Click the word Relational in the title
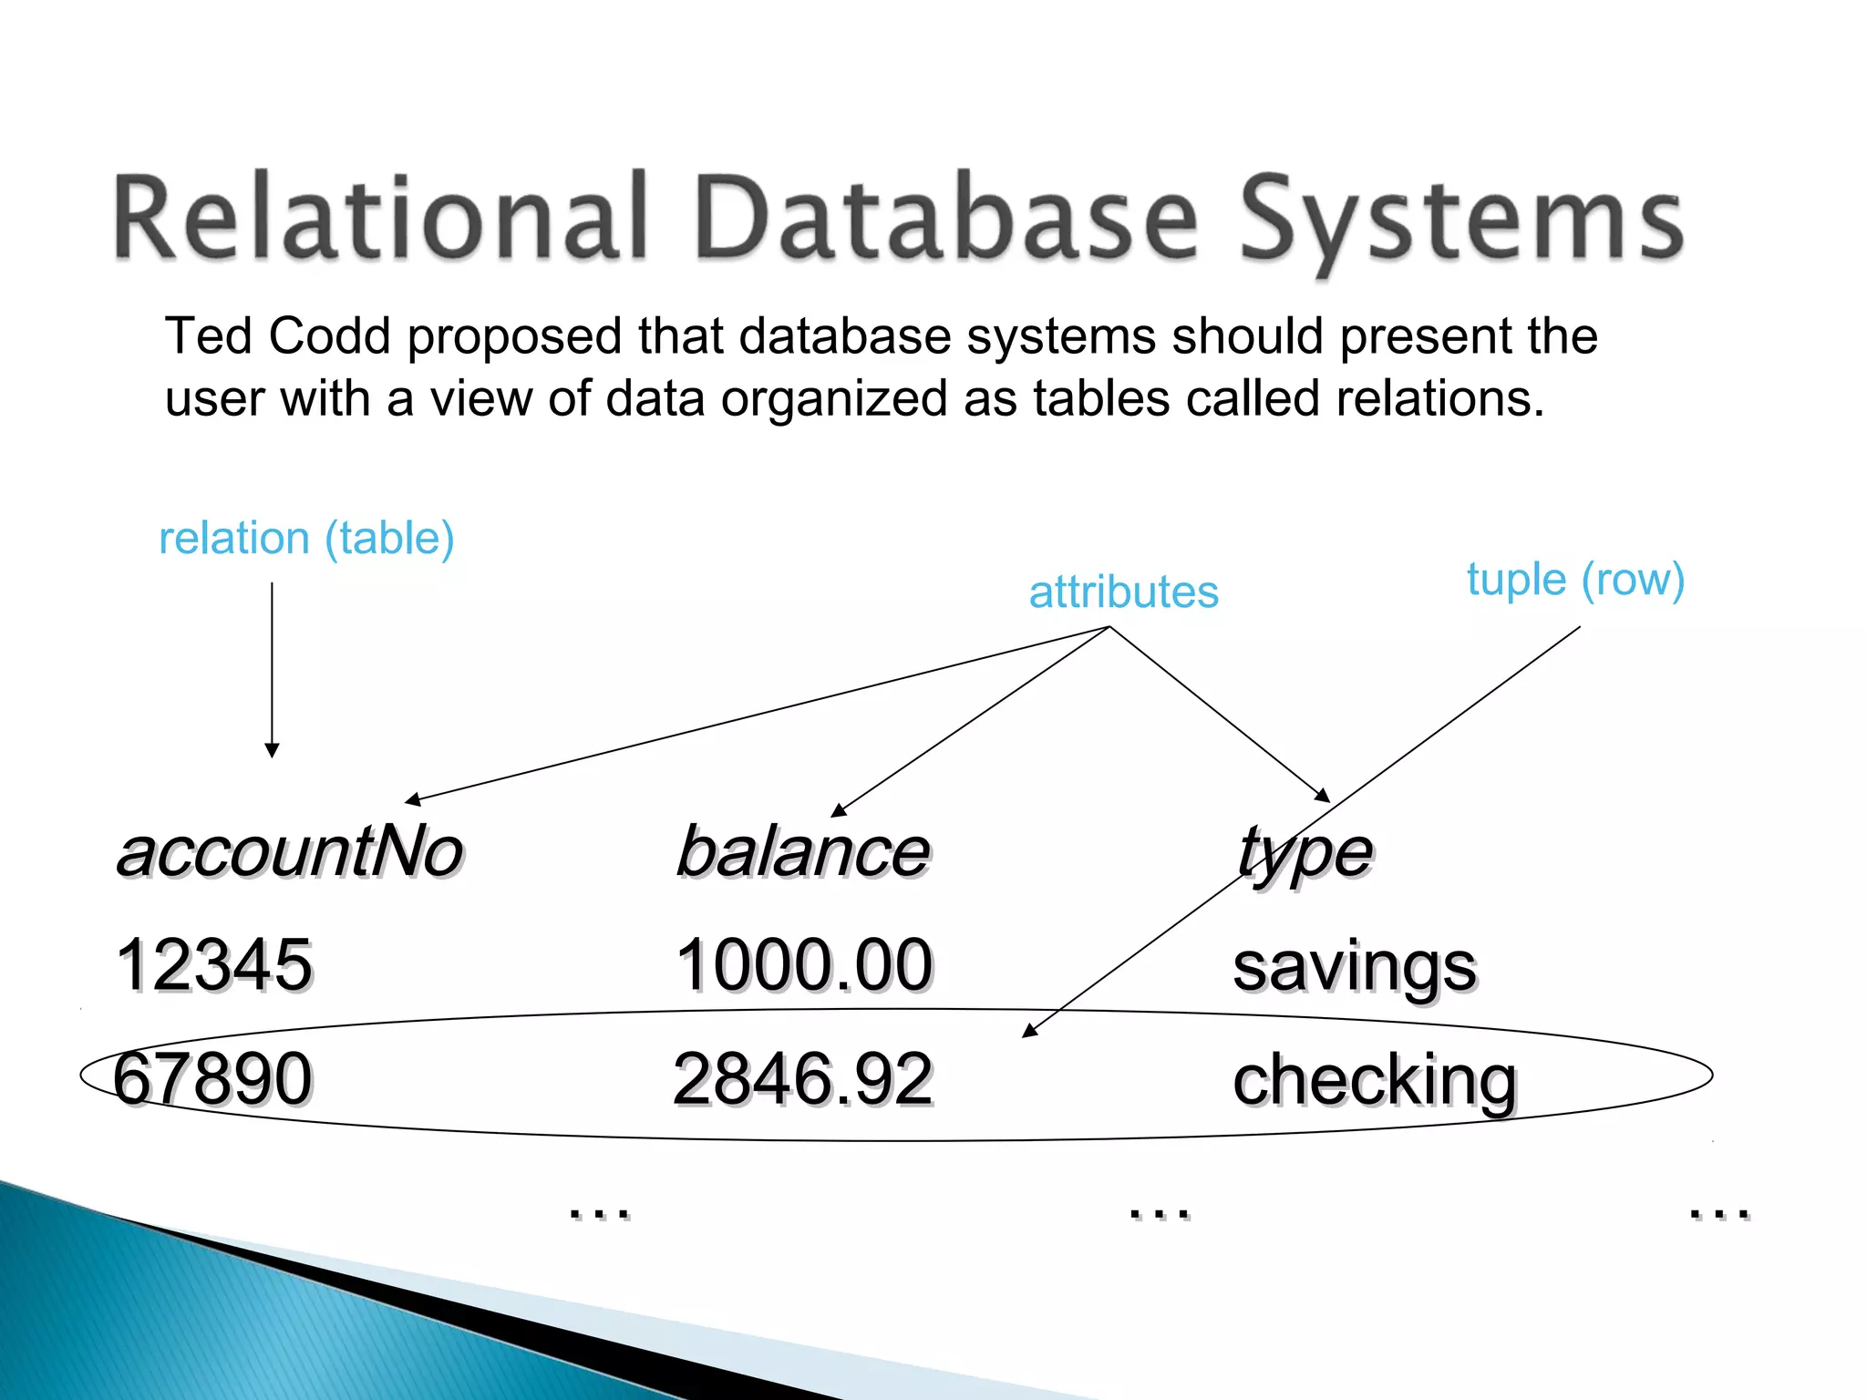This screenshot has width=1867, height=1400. (x=379, y=219)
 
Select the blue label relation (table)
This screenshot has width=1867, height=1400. (x=306, y=538)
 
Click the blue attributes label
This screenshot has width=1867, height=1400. (x=1123, y=592)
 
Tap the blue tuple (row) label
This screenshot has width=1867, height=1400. (x=1575, y=580)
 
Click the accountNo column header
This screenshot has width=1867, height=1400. (x=290, y=852)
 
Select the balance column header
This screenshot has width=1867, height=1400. (x=802, y=852)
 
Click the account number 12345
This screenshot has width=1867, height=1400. (x=214, y=964)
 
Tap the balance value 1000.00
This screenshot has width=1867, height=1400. (x=804, y=964)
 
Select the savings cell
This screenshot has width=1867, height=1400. (x=1355, y=966)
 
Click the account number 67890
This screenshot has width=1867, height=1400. (x=212, y=1078)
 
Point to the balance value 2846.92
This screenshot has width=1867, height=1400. (x=802, y=1078)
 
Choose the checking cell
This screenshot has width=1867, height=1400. (x=1375, y=1080)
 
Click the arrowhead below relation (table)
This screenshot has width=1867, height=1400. (x=272, y=750)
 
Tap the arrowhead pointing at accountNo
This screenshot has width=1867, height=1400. (x=412, y=800)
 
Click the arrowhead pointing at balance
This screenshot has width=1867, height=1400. (x=839, y=810)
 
